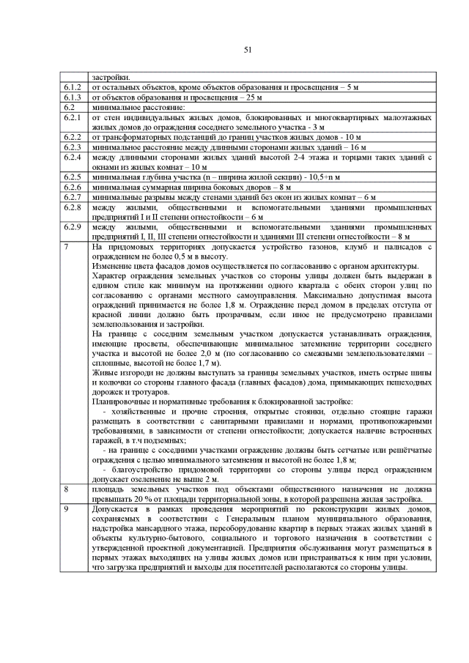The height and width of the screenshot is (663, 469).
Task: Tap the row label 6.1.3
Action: pos(72,97)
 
